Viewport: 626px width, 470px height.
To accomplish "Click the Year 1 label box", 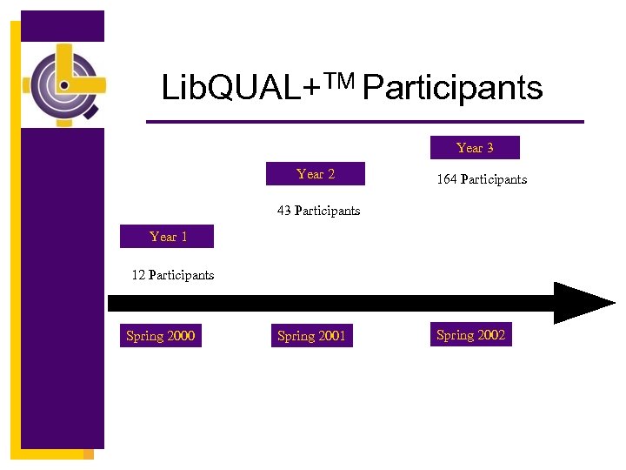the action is coord(169,237).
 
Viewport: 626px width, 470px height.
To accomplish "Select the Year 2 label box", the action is coord(316,174).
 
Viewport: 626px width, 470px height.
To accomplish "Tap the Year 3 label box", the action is coord(475,148).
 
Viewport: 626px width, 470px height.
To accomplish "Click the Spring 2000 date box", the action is coord(161,336).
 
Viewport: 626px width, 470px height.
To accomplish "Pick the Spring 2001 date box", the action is coord(311,336).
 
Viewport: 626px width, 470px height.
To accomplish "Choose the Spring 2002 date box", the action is coord(470,335).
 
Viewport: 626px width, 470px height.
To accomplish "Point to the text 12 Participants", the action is coord(172,275).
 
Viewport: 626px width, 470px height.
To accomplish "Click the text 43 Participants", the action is coord(318,211).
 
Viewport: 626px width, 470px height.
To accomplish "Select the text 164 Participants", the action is coord(482,179).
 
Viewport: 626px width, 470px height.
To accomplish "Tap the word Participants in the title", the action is coord(453,88).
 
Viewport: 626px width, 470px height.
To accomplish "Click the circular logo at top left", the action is coord(64,84).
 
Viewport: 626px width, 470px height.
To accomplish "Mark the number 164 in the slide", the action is coord(447,179).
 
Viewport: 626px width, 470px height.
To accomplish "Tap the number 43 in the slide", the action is coord(284,211).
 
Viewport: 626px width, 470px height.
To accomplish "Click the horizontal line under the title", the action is coord(365,121).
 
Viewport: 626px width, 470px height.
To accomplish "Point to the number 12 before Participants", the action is coord(138,275).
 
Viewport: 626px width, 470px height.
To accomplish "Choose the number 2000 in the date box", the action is coord(181,336).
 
